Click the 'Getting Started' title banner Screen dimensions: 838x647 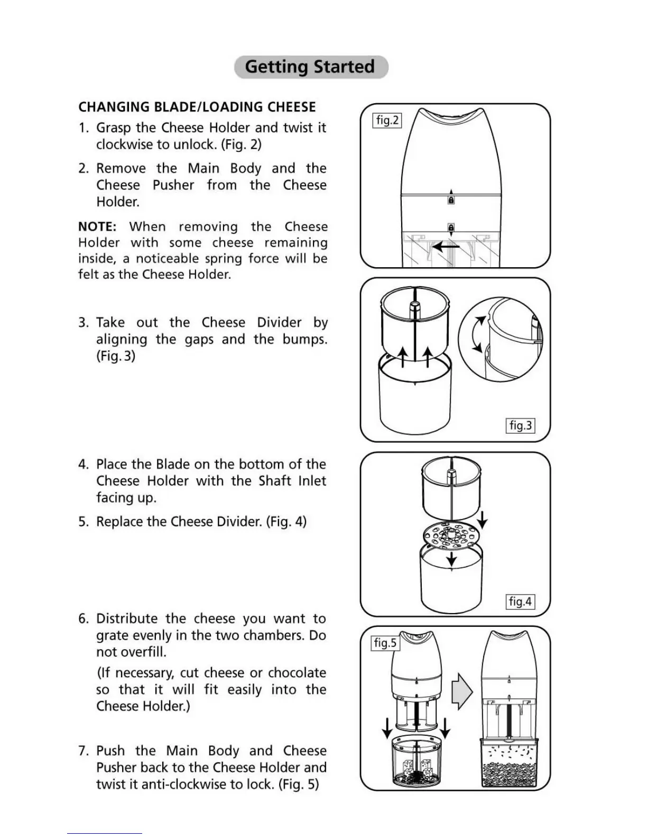pyautogui.click(x=311, y=67)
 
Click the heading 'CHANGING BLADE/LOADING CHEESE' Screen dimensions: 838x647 pyautogui.click(x=197, y=107)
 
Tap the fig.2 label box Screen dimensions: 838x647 pyautogui.click(x=387, y=121)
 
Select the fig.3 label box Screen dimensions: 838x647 pyautogui.click(x=521, y=425)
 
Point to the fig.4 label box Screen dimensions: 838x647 pyautogui.click(x=520, y=602)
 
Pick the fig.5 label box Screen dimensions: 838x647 pyautogui.click(x=385, y=643)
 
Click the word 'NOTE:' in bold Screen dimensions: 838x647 pyautogui.click(x=97, y=227)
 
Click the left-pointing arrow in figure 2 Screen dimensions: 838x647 pyautogui.click(x=445, y=247)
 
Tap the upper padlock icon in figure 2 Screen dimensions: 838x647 pyautogui.click(x=451, y=201)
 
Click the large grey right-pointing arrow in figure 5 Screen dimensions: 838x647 pyautogui.click(x=461, y=691)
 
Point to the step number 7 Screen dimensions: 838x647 pyautogui.click(x=82, y=751)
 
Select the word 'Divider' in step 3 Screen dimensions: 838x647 pyautogui.click(x=279, y=323)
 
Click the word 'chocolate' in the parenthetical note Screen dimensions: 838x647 pyautogui.click(x=297, y=673)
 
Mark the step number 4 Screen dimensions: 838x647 pyautogui.click(x=83, y=464)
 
